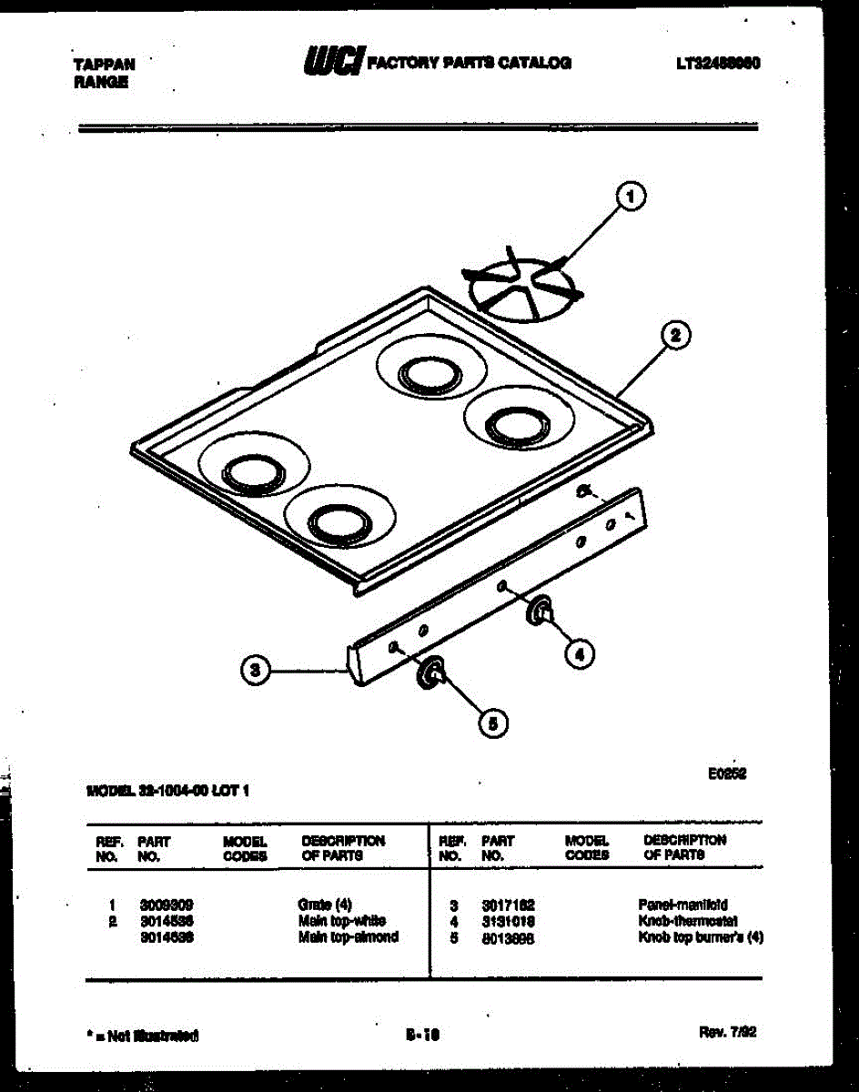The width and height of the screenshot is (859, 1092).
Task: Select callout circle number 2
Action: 675,336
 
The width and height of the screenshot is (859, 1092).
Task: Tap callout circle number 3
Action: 256,672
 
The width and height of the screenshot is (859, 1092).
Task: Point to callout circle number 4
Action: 579,652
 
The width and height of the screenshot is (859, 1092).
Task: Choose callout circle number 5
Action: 492,723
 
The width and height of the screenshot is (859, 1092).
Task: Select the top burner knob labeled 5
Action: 429,673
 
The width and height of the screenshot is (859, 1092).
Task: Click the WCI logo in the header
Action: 332,62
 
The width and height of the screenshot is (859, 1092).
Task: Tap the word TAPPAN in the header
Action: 104,65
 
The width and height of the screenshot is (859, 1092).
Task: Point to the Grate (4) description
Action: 325,905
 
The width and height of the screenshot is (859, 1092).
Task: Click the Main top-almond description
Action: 349,936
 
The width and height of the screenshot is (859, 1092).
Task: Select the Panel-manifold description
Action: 682,905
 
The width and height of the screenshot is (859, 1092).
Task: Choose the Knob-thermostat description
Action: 688,921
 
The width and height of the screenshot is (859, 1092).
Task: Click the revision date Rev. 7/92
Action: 727,1032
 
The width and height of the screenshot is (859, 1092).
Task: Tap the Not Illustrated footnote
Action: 142,1036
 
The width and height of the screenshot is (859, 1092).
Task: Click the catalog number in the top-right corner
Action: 718,64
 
